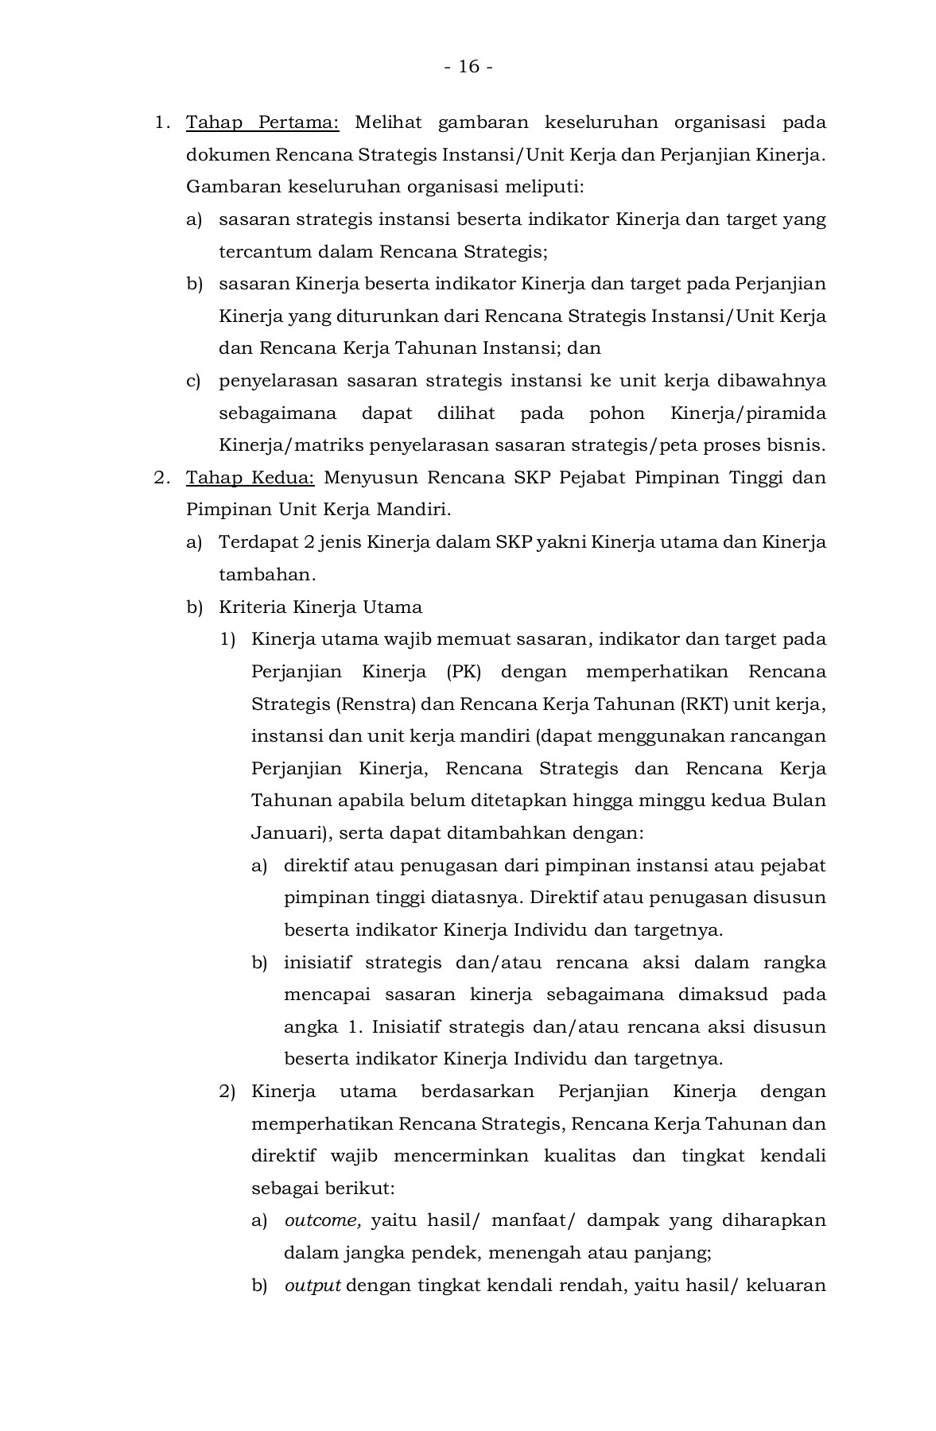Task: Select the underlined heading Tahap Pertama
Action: [x=262, y=123]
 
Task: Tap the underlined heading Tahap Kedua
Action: [x=251, y=479]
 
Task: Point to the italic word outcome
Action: [x=323, y=1220]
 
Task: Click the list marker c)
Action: [x=194, y=382]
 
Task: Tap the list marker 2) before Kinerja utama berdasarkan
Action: [x=227, y=1092]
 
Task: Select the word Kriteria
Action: [x=253, y=607]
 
